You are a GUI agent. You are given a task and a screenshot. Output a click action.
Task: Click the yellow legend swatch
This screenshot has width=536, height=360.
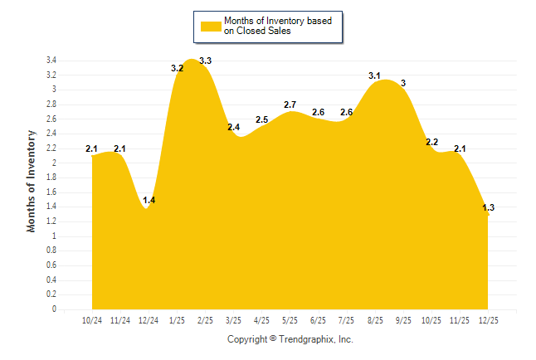(x=211, y=26)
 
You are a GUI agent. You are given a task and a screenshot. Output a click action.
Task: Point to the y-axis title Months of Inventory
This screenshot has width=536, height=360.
(x=32, y=180)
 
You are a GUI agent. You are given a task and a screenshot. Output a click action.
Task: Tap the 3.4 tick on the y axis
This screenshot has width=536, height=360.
(x=51, y=61)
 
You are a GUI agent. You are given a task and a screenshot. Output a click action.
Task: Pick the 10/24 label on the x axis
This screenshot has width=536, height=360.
(x=92, y=320)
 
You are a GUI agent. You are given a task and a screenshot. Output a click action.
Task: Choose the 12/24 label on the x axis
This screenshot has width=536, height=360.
(x=149, y=320)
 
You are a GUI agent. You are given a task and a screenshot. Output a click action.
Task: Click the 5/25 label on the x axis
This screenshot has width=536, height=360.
(x=290, y=320)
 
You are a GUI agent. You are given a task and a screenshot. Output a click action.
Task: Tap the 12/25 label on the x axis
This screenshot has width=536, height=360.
(x=487, y=320)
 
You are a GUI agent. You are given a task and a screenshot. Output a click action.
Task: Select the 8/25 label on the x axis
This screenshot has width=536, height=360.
(x=374, y=320)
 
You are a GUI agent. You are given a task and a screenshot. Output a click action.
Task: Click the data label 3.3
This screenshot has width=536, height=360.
(x=206, y=61)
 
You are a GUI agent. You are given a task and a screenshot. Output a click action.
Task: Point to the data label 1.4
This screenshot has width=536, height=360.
(x=149, y=200)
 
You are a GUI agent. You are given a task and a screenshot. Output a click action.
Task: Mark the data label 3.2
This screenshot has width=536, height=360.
(x=177, y=68)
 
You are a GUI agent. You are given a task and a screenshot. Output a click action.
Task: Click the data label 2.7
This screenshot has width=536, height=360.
(x=290, y=105)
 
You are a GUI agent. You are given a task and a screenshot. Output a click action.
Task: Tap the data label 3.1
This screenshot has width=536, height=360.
(x=374, y=75)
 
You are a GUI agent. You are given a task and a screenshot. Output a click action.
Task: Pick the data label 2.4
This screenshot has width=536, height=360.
(x=233, y=127)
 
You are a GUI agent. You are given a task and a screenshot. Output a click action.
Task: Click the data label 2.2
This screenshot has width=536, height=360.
(x=431, y=142)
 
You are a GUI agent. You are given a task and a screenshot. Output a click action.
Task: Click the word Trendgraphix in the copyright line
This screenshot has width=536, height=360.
(x=307, y=339)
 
